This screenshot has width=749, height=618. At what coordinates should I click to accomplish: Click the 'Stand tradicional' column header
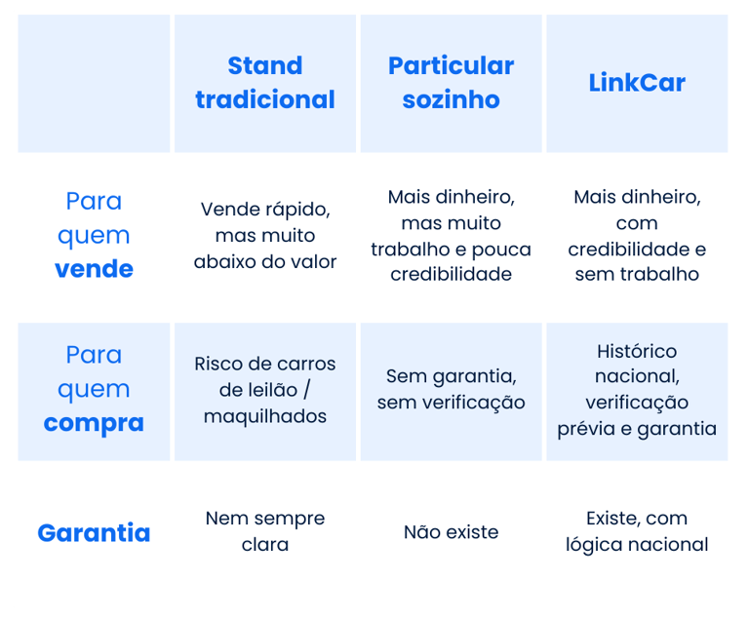[265, 83]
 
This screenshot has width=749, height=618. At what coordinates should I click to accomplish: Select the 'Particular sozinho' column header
[451, 83]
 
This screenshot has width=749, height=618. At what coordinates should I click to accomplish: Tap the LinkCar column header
[637, 83]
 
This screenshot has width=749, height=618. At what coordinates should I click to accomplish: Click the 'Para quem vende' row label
[94, 235]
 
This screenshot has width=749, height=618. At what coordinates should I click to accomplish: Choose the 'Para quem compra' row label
[94, 389]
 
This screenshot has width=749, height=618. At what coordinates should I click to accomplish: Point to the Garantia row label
[94, 533]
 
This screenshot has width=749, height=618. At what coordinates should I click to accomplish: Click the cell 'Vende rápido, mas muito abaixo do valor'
[265, 235]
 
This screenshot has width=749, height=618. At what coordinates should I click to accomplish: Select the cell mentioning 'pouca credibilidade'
[451, 235]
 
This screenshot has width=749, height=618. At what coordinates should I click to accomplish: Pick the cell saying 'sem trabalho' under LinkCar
[637, 235]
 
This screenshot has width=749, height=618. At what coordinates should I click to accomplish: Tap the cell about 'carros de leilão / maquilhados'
[265, 389]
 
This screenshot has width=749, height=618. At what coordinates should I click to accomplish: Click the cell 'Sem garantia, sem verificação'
[451, 389]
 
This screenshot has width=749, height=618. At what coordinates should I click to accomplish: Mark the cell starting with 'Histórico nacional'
[637, 389]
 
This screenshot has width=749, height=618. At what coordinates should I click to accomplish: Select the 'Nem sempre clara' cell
[265, 531]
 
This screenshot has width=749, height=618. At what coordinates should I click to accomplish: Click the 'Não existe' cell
[451, 532]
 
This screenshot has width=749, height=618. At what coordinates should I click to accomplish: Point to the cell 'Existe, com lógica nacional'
[637, 531]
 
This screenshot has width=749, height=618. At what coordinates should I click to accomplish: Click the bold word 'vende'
[94, 269]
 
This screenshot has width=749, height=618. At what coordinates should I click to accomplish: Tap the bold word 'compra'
[94, 423]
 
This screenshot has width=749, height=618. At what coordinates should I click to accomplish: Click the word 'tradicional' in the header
[265, 99]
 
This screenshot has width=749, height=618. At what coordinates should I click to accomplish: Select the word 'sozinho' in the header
[451, 99]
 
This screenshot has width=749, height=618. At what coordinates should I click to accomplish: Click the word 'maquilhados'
[265, 416]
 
